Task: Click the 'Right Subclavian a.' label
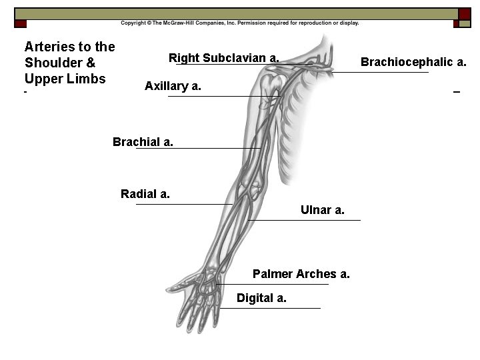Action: pyautogui.click(x=223, y=58)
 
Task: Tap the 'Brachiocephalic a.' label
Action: pyautogui.click(x=413, y=62)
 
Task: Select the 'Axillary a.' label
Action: pyautogui.click(x=173, y=86)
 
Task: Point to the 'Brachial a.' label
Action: pyautogui.click(x=143, y=141)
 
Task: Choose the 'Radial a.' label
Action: pyautogui.click(x=145, y=194)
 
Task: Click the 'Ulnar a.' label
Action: pyautogui.click(x=322, y=210)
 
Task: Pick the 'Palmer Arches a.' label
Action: pyautogui.click(x=301, y=274)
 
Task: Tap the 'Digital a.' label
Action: pyautogui.click(x=261, y=298)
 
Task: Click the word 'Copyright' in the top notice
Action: pyautogui.click(x=133, y=23)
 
